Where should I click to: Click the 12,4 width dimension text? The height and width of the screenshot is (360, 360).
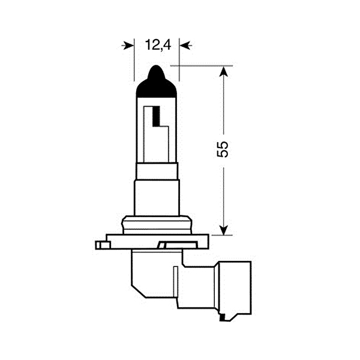157,44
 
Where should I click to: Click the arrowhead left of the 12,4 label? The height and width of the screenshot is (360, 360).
128,45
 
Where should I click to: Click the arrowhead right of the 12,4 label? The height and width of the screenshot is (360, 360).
185,45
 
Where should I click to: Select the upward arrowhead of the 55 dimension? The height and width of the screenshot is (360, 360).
224,71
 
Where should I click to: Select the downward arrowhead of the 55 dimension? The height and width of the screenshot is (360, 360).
224,229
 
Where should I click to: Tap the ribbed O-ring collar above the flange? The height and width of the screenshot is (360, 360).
157,224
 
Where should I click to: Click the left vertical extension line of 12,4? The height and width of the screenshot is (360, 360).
133,60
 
